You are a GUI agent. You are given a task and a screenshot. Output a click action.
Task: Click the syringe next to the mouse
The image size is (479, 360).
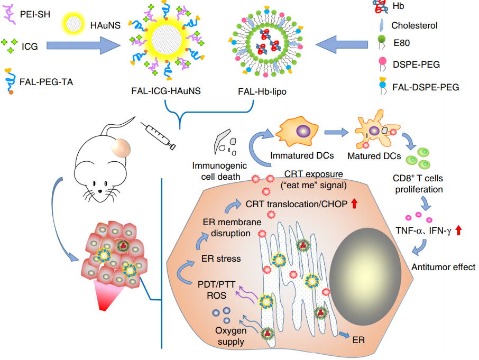158,135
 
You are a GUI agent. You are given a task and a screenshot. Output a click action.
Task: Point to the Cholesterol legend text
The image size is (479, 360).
414,25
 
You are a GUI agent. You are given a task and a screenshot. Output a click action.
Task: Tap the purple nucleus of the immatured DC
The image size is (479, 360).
303,130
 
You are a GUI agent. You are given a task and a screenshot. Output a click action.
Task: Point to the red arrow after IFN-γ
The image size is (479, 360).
458,230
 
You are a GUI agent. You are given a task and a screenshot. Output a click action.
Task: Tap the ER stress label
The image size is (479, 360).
221,259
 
